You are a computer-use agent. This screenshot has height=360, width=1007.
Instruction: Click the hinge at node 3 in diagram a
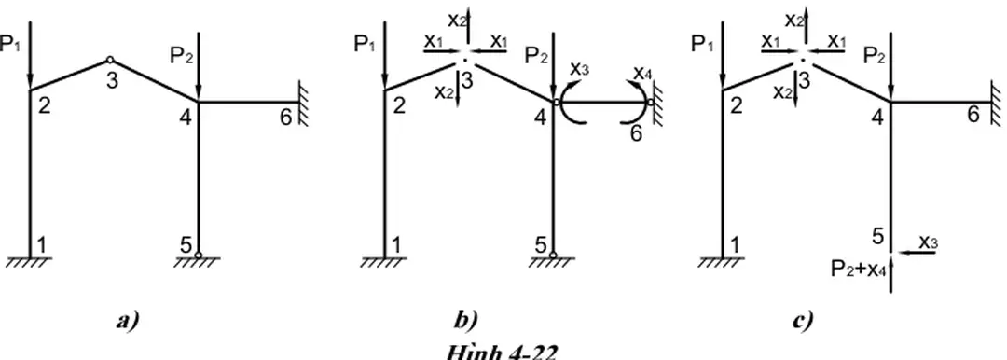(109, 60)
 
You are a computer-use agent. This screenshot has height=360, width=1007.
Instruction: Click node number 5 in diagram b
(540, 244)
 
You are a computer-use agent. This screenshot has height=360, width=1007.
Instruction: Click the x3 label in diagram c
(928, 241)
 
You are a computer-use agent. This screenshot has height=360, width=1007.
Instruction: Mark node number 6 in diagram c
(973, 114)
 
